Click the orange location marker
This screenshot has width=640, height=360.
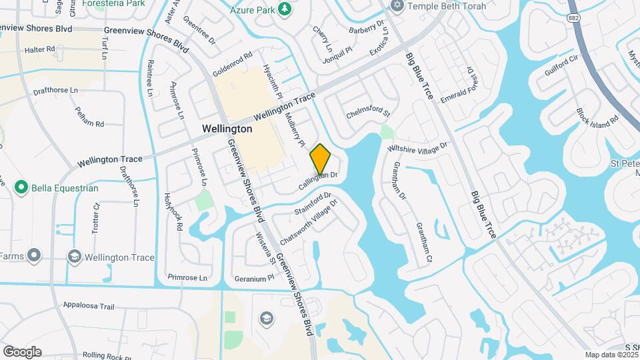tap(321, 159)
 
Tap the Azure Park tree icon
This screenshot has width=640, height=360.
tap(285, 9)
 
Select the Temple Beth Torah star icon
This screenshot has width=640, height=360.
tap(397, 5)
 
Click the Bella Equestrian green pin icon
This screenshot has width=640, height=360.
tap(21, 188)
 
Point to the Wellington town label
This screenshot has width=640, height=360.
tap(227, 129)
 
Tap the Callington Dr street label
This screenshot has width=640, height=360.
tap(318, 179)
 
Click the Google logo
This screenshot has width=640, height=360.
tap(22, 352)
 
